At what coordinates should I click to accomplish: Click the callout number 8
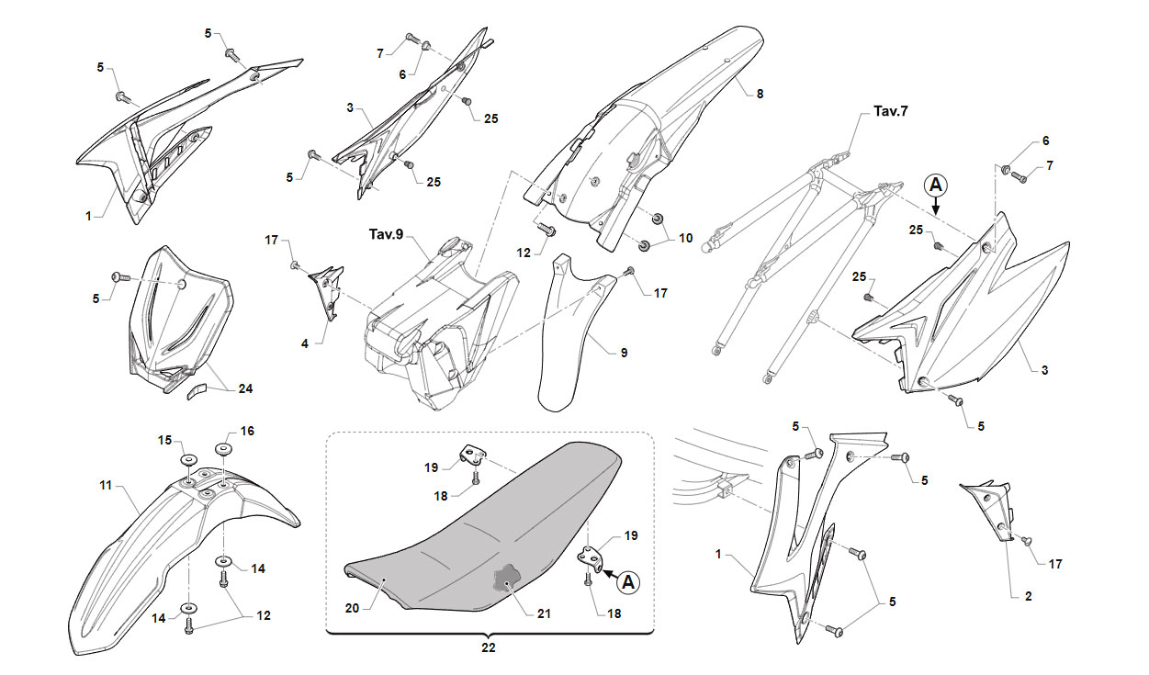(x=760, y=94)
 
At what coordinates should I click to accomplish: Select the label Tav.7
(x=891, y=111)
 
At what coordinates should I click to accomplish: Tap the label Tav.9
(x=387, y=234)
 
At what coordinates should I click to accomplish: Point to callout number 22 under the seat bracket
(x=489, y=647)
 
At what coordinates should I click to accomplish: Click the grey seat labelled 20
(x=482, y=528)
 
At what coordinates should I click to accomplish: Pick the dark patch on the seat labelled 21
(x=505, y=578)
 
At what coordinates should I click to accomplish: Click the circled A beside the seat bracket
(x=628, y=582)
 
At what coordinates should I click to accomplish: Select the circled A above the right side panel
(x=936, y=186)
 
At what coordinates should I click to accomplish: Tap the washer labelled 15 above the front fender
(x=187, y=459)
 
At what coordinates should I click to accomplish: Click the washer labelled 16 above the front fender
(x=224, y=449)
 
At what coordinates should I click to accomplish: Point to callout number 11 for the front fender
(x=106, y=485)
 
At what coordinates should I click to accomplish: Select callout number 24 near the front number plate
(x=245, y=388)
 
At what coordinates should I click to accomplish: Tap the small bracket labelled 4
(x=327, y=293)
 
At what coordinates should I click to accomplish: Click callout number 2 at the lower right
(x=1028, y=597)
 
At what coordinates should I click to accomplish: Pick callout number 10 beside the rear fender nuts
(x=685, y=238)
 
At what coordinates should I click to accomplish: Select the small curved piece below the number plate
(x=195, y=391)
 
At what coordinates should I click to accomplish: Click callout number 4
(x=305, y=343)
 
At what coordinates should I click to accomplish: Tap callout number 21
(x=544, y=614)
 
